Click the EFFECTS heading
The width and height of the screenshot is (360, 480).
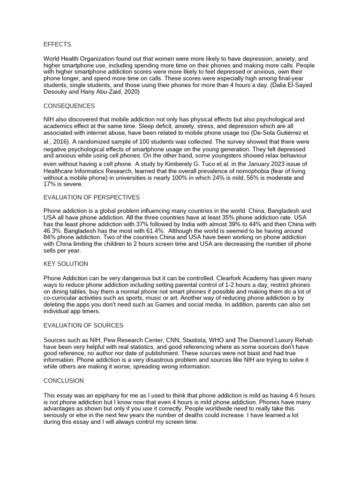(57, 45)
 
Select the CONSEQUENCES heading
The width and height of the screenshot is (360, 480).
(69, 106)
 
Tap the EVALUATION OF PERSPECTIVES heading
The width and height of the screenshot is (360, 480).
(91, 197)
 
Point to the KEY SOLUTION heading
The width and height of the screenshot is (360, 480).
(66, 264)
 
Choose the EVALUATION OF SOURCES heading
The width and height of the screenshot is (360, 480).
(83, 325)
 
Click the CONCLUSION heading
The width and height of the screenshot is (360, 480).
(64, 381)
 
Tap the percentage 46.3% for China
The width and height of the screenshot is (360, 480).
(53, 231)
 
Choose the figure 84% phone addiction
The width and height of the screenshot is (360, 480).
(50, 238)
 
